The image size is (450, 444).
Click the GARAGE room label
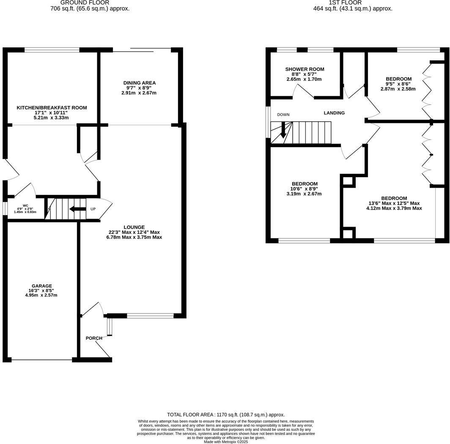point(41,286)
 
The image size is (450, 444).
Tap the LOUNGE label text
point(134,227)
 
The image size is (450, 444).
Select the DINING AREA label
point(140,83)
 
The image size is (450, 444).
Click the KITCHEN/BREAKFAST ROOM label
point(52,108)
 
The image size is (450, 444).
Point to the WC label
point(25,205)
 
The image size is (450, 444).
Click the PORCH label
point(94,338)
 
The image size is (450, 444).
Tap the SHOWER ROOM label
point(305,69)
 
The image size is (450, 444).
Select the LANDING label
point(334,113)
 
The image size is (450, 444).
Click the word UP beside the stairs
point(93,209)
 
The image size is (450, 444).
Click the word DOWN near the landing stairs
point(283,115)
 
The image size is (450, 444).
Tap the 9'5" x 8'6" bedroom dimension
point(398,84)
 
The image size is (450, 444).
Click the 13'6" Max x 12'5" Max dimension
point(394,203)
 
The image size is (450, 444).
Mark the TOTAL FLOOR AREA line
point(226,415)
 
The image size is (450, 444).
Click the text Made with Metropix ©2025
point(226,441)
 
